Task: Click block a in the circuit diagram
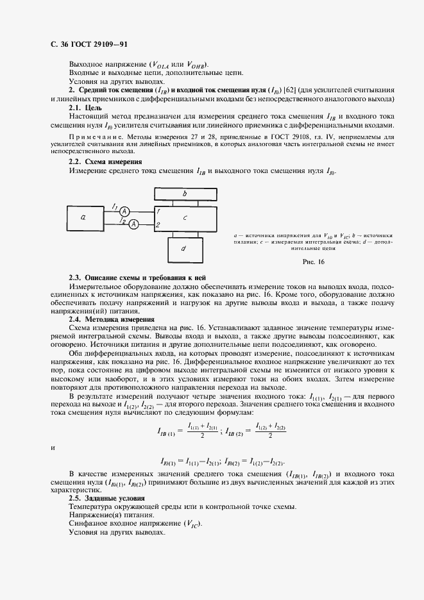coord(84,217)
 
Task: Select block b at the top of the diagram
coord(185,192)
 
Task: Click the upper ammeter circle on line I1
coord(126,211)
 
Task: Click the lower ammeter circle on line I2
coord(133,224)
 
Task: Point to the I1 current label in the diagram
coord(114,206)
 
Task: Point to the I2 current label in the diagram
coord(121,220)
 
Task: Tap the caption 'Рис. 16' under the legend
coord(313,262)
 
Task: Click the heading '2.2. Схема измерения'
coord(105,162)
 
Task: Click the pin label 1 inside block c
coord(158,211)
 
